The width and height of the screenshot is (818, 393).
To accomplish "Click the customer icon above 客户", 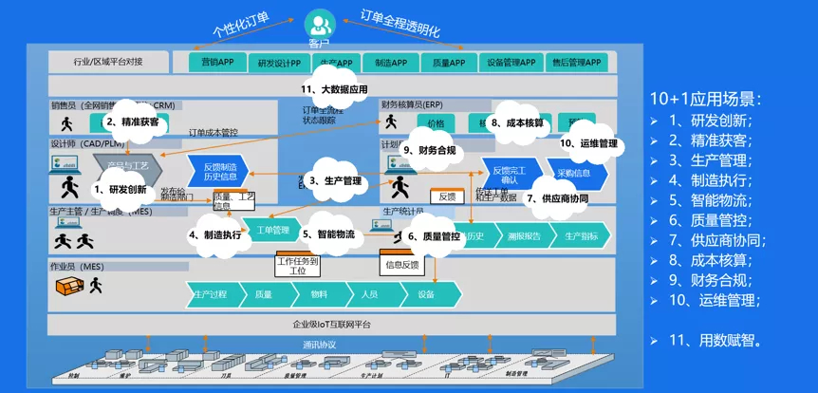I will [x=319, y=22].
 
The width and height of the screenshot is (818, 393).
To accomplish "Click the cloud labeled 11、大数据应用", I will [x=332, y=90].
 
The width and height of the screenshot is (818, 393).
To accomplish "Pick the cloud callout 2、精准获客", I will [x=132, y=122].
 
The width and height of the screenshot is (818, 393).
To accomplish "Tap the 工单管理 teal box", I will [x=272, y=229].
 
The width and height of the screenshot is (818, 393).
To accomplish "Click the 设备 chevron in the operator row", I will [x=426, y=294].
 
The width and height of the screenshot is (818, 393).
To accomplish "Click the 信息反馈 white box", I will [x=401, y=265].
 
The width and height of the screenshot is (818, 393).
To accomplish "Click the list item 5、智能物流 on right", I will [x=711, y=200].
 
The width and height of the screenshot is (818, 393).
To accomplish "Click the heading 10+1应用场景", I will [x=705, y=99].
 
